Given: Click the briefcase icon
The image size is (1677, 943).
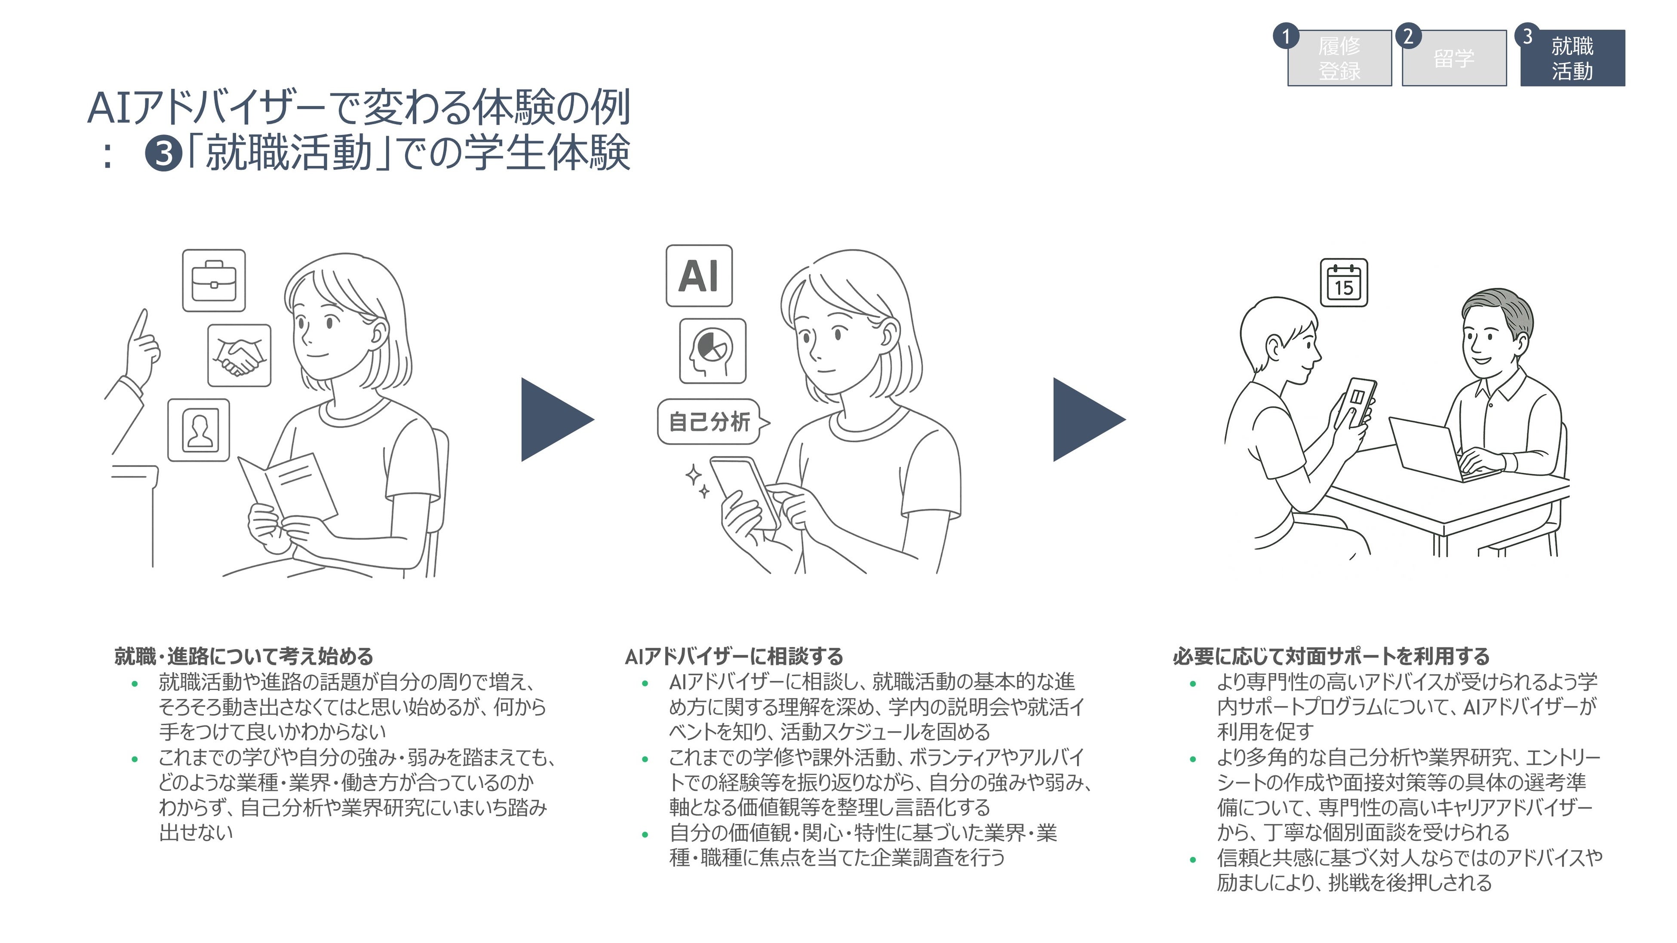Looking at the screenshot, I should [214, 281].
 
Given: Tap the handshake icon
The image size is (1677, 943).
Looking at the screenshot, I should [239, 355].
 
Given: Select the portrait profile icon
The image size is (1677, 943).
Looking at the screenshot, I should [199, 430].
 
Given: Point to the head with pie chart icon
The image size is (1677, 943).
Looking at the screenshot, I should [712, 351].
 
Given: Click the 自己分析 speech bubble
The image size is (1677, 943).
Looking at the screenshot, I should [709, 422].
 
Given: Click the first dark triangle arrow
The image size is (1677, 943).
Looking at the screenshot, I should [553, 420].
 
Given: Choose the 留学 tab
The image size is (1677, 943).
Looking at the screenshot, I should [1454, 58].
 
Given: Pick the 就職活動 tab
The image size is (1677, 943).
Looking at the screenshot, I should [1572, 58].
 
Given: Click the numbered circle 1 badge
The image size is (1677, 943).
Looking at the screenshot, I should [1286, 37].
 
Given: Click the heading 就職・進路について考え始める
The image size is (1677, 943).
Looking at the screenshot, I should [243, 656].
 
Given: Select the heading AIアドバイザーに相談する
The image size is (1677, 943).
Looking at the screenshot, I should [734, 656].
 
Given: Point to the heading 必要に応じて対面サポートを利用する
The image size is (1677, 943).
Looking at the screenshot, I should [1331, 656].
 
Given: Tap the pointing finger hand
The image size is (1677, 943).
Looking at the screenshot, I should [142, 345].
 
